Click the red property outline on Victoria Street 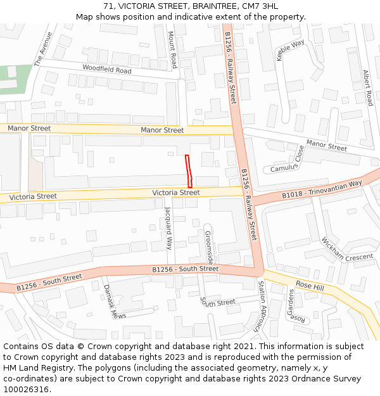pos(188,170)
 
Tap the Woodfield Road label pos(106,68)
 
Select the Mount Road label pos(172,51)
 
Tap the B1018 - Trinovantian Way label pos(322,189)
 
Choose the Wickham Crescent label pos(347,249)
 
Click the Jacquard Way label pos(168,227)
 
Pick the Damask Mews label pos(114,302)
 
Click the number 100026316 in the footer pos(26,389)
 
